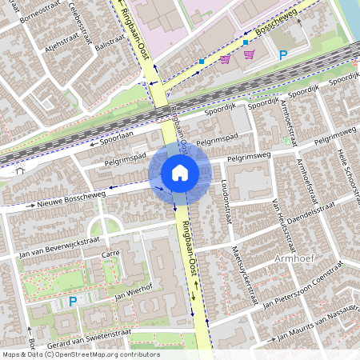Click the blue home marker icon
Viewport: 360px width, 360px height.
pyautogui.click(x=180, y=172)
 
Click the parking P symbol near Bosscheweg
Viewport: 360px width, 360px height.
pyautogui.click(x=282, y=55)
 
